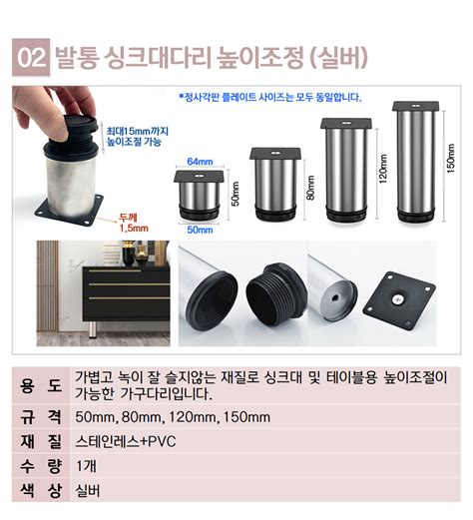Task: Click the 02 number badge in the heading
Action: (x=31, y=57)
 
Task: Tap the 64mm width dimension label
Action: (x=200, y=162)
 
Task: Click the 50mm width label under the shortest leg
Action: (x=200, y=230)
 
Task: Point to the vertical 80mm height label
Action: (x=310, y=188)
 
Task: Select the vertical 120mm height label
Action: (x=383, y=169)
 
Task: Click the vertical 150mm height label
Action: (x=451, y=158)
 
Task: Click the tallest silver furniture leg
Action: (x=416, y=162)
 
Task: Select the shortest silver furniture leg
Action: (x=199, y=196)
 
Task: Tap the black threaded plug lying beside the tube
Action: (x=275, y=291)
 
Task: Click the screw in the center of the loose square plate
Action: (x=399, y=299)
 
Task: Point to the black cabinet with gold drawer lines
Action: (x=126, y=293)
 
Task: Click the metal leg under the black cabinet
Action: (x=92, y=329)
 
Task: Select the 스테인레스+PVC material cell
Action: (x=126, y=441)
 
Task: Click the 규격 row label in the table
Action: (x=41, y=417)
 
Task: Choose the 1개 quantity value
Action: (x=86, y=466)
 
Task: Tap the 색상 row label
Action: (x=41, y=491)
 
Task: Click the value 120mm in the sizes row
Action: (x=193, y=417)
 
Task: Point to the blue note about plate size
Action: (x=270, y=98)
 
